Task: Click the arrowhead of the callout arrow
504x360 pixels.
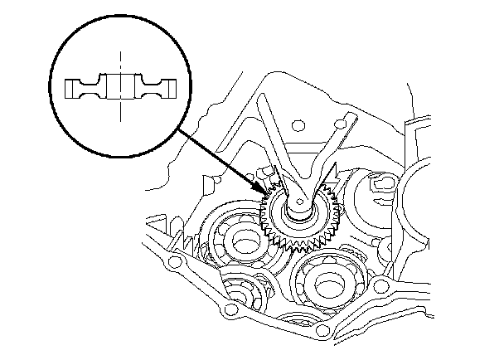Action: pyautogui.click(x=267, y=194)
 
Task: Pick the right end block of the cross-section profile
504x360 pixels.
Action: pyautogui.click(x=167, y=88)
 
